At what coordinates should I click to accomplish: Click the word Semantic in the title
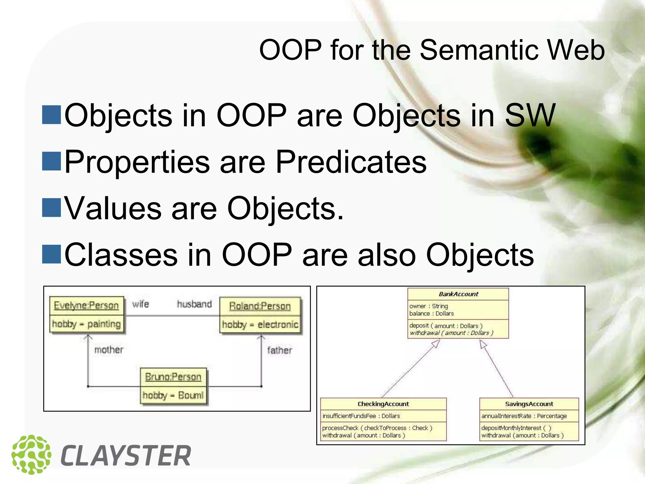(x=479, y=50)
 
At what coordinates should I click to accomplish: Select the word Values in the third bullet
(x=112, y=208)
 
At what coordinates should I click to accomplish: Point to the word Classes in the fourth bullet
(x=121, y=255)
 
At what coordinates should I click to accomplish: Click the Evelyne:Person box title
(x=86, y=305)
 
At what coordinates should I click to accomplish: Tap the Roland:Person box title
(x=260, y=306)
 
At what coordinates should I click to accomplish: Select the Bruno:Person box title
(x=173, y=377)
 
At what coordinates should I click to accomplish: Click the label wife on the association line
(x=140, y=304)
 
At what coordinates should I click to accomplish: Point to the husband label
(x=194, y=304)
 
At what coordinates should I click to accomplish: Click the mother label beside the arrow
(x=109, y=349)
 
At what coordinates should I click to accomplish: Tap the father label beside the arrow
(x=279, y=350)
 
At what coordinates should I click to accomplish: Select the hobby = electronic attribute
(x=260, y=325)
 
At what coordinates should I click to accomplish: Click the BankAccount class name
(x=458, y=294)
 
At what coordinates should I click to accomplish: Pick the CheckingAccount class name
(x=383, y=404)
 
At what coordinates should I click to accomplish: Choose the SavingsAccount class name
(x=529, y=404)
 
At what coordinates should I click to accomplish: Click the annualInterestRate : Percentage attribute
(x=524, y=416)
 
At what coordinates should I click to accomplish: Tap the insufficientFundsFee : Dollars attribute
(x=361, y=416)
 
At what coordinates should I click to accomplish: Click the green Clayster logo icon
(x=31, y=455)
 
